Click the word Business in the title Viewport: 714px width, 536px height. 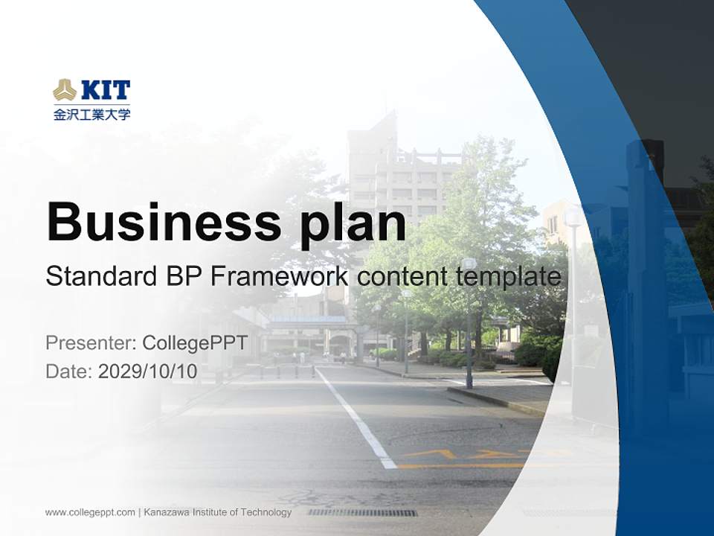coord(164,222)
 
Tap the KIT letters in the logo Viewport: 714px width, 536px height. coord(105,91)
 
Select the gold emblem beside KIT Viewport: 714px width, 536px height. coord(65,91)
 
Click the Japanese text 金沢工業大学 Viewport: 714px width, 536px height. coord(91,115)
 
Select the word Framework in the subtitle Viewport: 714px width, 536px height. coord(280,277)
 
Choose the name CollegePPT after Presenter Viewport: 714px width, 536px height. coord(194,343)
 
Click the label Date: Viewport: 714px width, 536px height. coord(69,371)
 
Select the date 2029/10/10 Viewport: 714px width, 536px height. coord(148,371)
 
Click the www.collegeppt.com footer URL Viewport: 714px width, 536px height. coord(90,512)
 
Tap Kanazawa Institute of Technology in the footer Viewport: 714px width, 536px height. coord(217,512)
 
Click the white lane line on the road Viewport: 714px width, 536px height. coord(357,421)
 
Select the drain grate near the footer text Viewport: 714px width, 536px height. coord(362,512)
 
